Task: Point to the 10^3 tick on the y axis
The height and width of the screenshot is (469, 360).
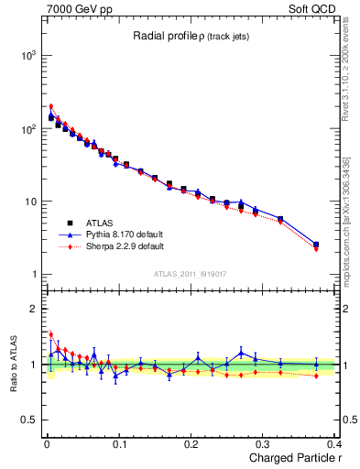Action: [27, 56]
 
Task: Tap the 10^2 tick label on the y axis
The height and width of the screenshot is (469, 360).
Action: [27, 129]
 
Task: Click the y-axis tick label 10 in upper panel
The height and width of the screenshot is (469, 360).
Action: [30, 202]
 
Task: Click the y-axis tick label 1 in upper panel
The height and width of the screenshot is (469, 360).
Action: [33, 275]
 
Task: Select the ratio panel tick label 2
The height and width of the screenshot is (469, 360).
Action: [33, 310]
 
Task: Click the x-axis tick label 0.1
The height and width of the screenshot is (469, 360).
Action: [119, 443]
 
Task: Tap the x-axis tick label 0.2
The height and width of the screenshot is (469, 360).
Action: [191, 443]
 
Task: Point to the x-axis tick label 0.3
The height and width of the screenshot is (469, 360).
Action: [265, 443]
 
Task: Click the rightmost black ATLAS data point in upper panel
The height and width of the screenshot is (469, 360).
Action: [316, 245]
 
